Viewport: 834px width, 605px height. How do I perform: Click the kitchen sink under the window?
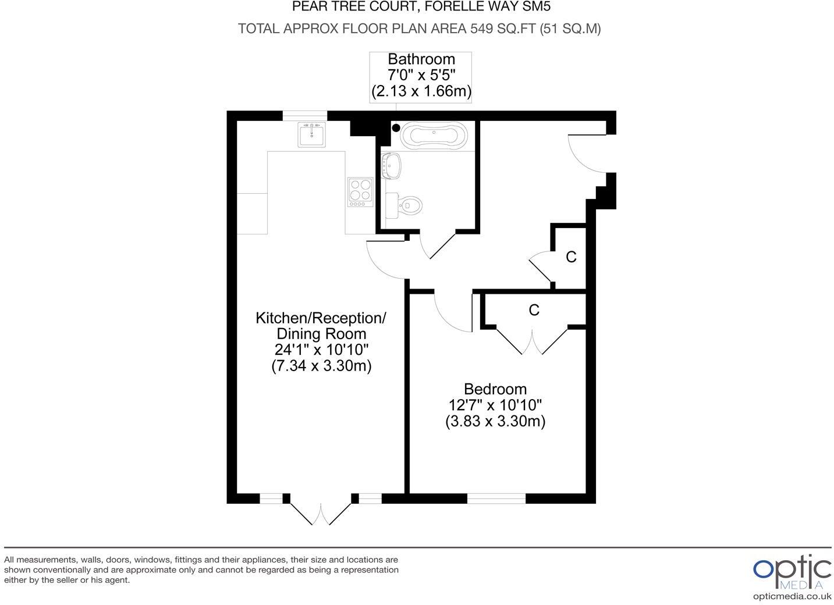[311, 135]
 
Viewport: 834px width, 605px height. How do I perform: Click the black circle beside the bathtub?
[396, 128]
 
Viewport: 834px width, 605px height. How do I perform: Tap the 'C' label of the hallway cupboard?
[571, 257]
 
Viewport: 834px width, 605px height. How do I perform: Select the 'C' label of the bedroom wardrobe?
[534, 310]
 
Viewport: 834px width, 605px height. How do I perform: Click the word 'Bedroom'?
[495, 389]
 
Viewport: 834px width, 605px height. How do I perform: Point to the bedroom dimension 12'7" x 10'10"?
[495, 405]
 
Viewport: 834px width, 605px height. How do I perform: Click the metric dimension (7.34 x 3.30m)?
[321, 366]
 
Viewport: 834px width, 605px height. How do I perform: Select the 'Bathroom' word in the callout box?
[421, 59]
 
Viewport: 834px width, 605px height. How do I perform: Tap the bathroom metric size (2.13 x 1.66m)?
[421, 91]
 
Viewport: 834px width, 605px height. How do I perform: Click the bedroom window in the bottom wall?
[496, 498]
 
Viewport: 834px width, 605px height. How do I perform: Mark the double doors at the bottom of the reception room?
[321, 511]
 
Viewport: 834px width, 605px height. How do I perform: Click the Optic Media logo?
[792, 572]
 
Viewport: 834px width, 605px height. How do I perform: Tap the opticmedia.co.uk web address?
[792, 596]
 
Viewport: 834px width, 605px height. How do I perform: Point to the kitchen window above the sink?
[305, 115]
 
